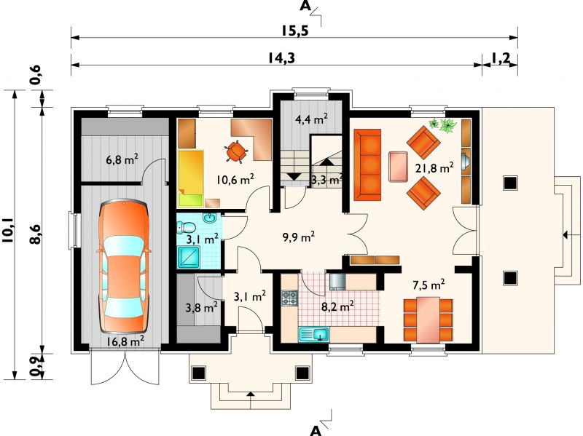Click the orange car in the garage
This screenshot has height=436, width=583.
click(x=125, y=266)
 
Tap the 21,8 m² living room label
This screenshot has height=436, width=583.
click(x=434, y=168)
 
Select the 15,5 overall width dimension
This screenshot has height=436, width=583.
click(x=294, y=31)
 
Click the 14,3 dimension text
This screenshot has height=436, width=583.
click(x=281, y=58)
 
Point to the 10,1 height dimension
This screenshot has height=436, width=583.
click(x=7, y=231)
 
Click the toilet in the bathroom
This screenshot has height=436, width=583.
click(x=187, y=226)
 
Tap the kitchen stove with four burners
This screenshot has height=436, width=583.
click(x=290, y=298)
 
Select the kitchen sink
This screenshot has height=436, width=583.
click(x=314, y=334)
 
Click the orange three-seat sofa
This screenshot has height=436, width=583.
click(x=367, y=165)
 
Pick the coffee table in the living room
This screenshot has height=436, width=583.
click(x=399, y=167)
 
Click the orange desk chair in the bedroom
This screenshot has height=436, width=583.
click(x=235, y=151)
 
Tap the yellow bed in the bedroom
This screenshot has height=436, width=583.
click(x=191, y=178)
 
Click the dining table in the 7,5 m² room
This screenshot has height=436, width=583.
click(x=428, y=320)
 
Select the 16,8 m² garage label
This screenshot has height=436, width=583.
click(x=125, y=341)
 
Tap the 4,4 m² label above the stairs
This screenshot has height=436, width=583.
click(x=311, y=119)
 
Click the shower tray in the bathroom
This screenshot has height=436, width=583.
click(x=189, y=257)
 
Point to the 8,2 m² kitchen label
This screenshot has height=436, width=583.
click(x=337, y=306)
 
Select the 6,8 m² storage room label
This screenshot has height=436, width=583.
click(x=122, y=160)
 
